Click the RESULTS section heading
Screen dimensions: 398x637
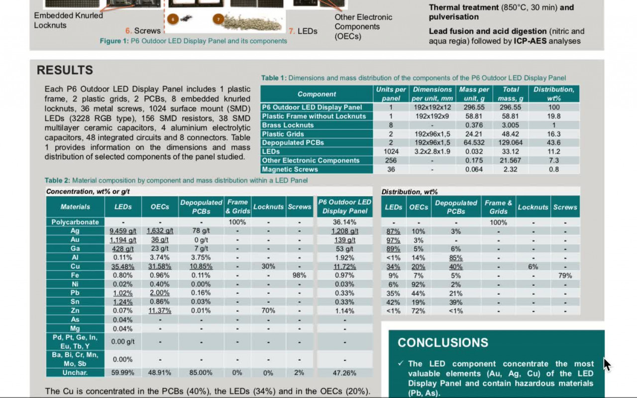pos(65,70)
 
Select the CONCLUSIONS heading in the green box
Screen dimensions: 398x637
pos(443,343)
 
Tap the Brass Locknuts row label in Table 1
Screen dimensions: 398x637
pos(288,125)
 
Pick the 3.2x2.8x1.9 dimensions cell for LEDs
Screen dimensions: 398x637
pos(432,151)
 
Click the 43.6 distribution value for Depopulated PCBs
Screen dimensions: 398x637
pos(554,142)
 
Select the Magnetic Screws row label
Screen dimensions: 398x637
pos(290,169)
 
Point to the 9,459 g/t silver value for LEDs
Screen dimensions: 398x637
pos(123,231)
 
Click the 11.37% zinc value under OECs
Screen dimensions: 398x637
pos(160,311)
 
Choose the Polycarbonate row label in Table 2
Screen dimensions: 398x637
pos(75,222)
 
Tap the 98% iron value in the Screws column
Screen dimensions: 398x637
pos(299,275)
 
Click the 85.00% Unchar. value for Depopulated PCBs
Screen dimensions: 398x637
pos(201,373)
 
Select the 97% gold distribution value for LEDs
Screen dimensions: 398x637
pos(393,240)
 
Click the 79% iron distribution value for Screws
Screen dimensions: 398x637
pos(565,275)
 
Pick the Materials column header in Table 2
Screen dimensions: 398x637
pos(75,207)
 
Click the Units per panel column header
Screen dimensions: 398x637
pos(391,94)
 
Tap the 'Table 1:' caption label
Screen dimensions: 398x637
pos(274,78)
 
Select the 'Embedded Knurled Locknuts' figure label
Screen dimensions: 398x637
pos(68,20)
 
